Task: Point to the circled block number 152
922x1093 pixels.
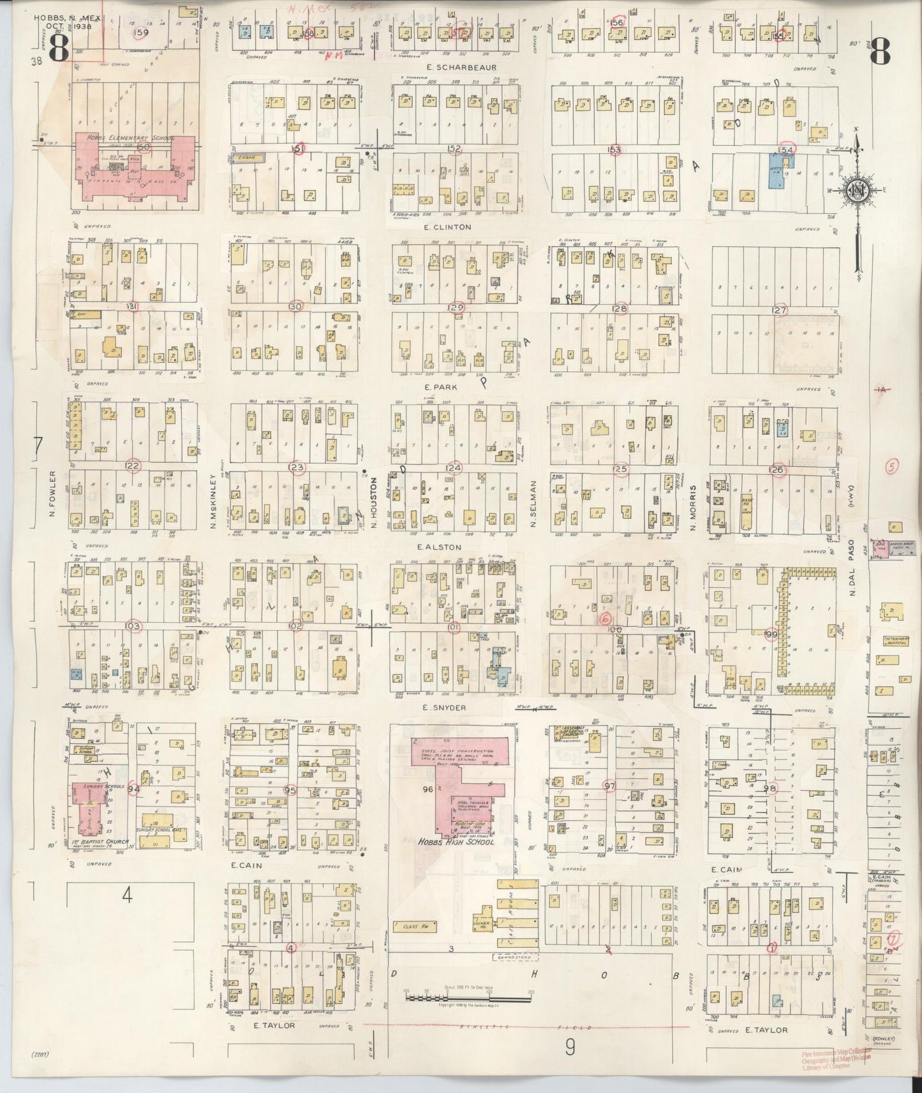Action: pos(454,149)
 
